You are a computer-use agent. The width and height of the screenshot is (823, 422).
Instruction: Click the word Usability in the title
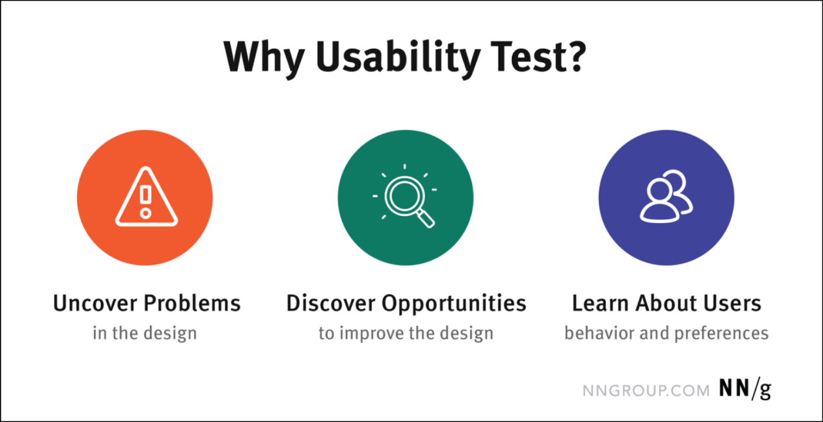398,58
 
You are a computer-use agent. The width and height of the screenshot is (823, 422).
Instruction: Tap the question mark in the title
574,55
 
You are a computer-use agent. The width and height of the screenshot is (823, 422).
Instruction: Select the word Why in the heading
264,58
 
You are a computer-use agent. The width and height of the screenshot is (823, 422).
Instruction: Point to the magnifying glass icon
405,197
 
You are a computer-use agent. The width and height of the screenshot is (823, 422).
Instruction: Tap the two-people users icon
667,197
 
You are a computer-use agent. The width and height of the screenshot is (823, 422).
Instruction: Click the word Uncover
95,303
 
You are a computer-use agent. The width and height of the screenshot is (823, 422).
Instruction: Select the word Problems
192,303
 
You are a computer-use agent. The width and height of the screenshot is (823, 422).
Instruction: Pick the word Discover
331,303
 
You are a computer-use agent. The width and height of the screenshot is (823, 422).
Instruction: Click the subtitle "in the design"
145,333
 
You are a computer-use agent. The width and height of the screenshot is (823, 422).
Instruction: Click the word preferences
721,333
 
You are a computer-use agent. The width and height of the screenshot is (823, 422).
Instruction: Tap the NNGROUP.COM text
646,391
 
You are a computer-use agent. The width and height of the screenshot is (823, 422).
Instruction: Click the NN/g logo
745,389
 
